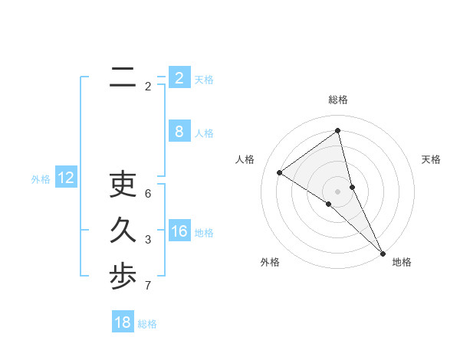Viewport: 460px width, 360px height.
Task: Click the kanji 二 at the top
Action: pos(123,77)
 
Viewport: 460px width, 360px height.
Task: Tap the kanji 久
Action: pos(123,231)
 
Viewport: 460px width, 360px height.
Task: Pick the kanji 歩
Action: pos(123,277)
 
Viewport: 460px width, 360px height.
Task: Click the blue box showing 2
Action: pos(179,77)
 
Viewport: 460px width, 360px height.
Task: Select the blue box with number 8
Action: pos(179,131)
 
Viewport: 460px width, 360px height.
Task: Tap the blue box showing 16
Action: pos(179,231)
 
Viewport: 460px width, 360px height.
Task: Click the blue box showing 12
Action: pos(66,178)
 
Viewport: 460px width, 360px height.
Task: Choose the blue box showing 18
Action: pos(123,322)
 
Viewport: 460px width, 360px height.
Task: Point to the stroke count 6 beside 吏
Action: pos(148,194)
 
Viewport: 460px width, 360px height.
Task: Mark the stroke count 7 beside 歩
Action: pos(148,286)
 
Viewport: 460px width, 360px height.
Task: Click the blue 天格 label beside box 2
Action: pos(204,80)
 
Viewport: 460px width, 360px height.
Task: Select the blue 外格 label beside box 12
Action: pos(41,179)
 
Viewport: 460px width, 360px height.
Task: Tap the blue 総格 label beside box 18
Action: pos(147,324)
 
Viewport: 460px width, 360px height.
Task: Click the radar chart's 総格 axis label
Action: pos(338,100)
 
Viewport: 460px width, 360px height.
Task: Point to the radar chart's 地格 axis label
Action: pos(402,262)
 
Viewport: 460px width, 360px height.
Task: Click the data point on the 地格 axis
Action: pos(383,252)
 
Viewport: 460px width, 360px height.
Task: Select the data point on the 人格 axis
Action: pos(280,172)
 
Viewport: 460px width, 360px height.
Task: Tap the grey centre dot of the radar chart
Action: pos(338,190)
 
